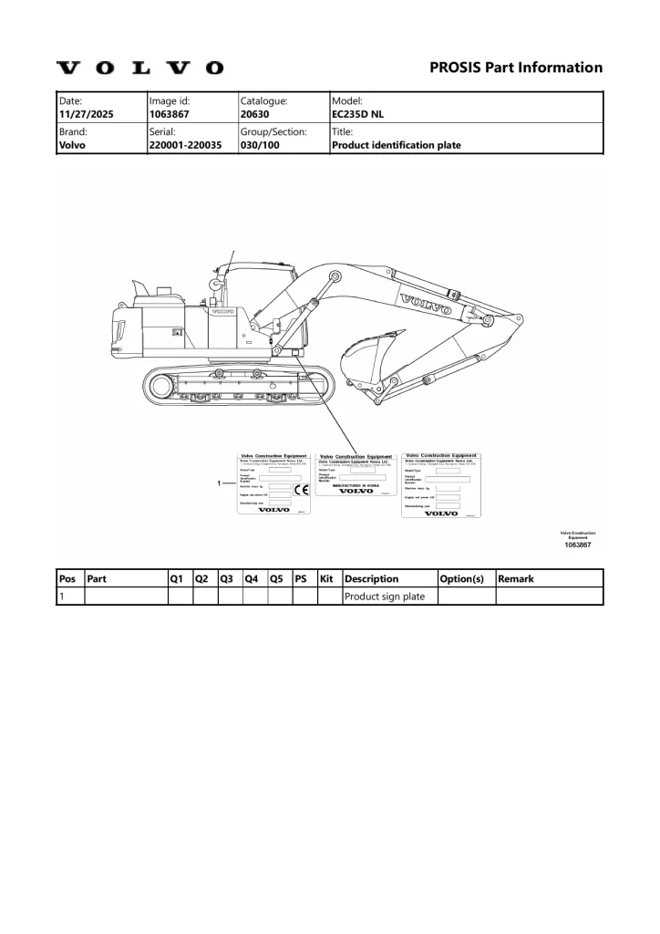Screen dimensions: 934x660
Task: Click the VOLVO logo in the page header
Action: click(x=139, y=68)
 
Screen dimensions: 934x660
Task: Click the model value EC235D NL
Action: click(x=360, y=117)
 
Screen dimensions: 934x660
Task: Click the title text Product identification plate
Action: click(x=397, y=144)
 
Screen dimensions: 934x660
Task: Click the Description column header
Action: click(x=372, y=578)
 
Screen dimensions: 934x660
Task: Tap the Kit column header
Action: click(x=328, y=578)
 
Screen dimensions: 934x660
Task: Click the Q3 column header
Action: click(x=228, y=578)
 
